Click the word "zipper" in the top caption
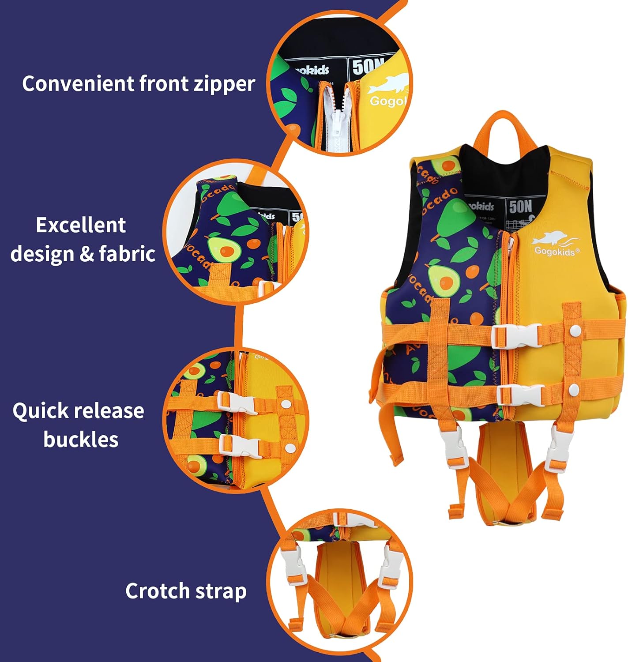click(225, 84)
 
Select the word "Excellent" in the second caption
click(81, 225)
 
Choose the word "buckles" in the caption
click(81, 440)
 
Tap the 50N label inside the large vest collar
click(521, 207)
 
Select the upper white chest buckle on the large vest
click(515, 335)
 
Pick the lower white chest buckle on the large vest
click(520, 395)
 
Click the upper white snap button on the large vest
click(575, 329)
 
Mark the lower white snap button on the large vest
click(574, 389)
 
